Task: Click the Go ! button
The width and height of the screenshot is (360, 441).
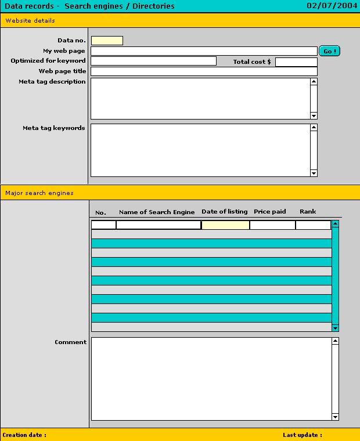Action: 329,51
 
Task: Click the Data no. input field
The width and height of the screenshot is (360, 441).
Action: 107,41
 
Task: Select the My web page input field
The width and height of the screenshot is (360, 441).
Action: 204,51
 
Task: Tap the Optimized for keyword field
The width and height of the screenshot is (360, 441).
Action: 153,61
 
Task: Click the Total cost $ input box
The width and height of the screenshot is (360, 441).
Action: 296,62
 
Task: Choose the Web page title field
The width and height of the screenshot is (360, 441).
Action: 204,71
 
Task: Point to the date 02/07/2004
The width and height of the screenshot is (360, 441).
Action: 332,6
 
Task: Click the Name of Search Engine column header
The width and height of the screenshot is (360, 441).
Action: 157,212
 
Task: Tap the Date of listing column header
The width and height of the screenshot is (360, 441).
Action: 224,212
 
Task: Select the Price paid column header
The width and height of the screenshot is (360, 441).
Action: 269,212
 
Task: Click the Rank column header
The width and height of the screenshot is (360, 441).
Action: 308,212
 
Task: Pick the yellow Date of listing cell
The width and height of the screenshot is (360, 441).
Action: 225,225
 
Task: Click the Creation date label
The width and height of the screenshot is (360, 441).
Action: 24,435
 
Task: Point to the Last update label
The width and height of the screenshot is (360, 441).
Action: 302,435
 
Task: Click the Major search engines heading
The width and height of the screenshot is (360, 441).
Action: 39,193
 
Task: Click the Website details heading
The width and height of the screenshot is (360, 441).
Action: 30,21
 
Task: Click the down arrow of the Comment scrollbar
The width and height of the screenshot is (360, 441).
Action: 335,417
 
